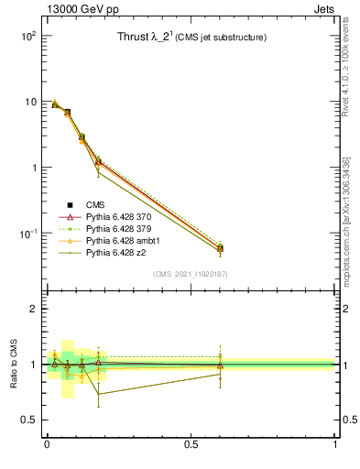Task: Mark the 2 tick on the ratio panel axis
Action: tap(35, 309)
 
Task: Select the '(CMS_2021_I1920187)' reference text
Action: tap(191, 274)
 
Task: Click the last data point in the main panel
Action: tap(220, 248)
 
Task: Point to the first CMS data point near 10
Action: tap(55, 104)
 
